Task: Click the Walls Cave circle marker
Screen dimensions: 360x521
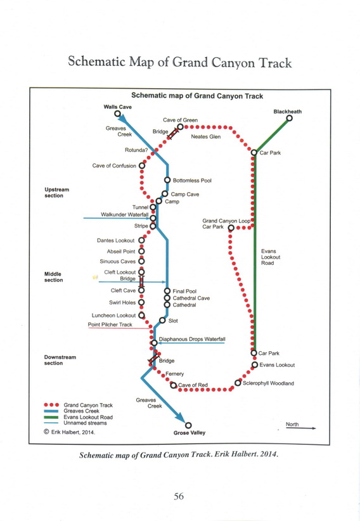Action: point(117,113)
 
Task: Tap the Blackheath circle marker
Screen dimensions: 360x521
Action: point(290,118)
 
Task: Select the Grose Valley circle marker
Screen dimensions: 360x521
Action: point(188,425)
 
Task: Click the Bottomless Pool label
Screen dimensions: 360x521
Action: point(192,181)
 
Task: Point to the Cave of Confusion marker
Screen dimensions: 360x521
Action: point(142,165)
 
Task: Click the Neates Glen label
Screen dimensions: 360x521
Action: point(206,136)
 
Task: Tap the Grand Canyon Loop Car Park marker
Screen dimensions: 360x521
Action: point(231,228)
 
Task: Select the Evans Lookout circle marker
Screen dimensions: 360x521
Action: point(255,365)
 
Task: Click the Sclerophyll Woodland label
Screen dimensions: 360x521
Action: point(268,383)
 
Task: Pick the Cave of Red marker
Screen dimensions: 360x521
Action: point(173,385)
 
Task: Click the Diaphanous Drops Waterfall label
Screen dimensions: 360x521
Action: point(192,339)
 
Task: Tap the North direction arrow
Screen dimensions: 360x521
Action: point(301,428)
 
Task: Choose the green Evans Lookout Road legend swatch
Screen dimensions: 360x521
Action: point(51,417)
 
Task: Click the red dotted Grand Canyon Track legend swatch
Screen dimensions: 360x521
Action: point(51,405)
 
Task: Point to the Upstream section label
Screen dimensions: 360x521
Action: point(56,193)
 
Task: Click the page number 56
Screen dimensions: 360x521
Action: point(179,496)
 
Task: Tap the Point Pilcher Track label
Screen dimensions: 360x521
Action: point(110,325)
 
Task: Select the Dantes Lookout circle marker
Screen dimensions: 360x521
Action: point(141,240)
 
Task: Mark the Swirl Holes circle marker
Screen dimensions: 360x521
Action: point(141,302)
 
